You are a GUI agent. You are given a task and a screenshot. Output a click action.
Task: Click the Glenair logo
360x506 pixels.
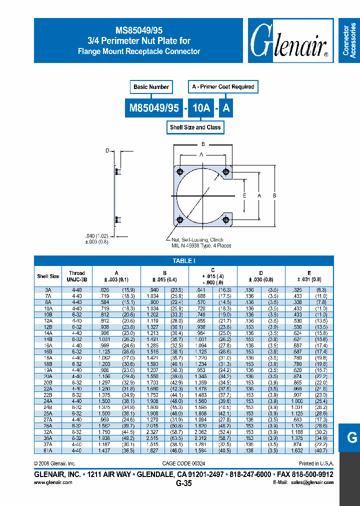(x=289, y=41)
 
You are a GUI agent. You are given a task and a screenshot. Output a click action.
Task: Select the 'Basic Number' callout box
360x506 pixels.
(x=151, y=87)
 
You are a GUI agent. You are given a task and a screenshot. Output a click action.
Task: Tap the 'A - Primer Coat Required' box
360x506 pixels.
(x=223, y=87)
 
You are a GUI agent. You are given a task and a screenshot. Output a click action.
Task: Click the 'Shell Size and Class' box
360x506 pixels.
(x=195, y=127)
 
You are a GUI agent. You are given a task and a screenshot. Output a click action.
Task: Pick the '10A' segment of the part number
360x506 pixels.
(x=200, y=107)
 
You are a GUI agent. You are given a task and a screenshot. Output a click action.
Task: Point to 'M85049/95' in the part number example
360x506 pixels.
(x=154, y=107)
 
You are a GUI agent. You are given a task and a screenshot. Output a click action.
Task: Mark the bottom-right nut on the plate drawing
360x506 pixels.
(x=226, y=219)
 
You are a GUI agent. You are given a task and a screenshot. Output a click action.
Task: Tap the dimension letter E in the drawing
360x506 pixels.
(x=244, y=195)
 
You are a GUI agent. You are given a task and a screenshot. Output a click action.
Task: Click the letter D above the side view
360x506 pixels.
(x=107, y=150)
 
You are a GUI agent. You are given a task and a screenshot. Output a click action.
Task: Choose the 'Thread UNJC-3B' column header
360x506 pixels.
(x=77, y=276)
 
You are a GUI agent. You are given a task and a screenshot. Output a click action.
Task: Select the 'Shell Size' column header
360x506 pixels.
(x=48, y=276)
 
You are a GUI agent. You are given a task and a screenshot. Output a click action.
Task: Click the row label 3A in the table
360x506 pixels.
(x=48, y=290)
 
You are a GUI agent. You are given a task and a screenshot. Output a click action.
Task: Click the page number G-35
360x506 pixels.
(x=184, y=483)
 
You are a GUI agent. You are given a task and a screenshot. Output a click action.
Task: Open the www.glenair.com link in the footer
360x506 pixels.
(x=53, y=482)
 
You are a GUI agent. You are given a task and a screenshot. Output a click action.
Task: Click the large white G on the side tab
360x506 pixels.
(x=352, y=437)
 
